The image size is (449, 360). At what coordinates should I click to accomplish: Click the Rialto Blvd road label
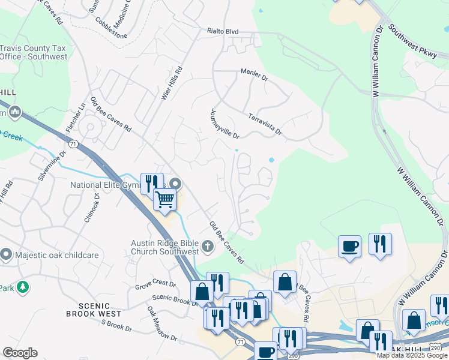point(223,31)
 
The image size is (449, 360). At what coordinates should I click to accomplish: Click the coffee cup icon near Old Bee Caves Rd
point(349,245)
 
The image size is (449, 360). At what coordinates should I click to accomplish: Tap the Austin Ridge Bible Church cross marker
point(207,245)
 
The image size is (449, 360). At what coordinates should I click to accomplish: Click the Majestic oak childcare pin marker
point(7,255)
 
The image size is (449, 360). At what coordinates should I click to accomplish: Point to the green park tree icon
point(23,287)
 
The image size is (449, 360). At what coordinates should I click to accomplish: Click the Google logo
point(20,353)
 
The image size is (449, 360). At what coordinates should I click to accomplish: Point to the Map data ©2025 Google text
point(412,355)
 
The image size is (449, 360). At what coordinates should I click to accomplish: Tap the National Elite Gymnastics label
point(105,185)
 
